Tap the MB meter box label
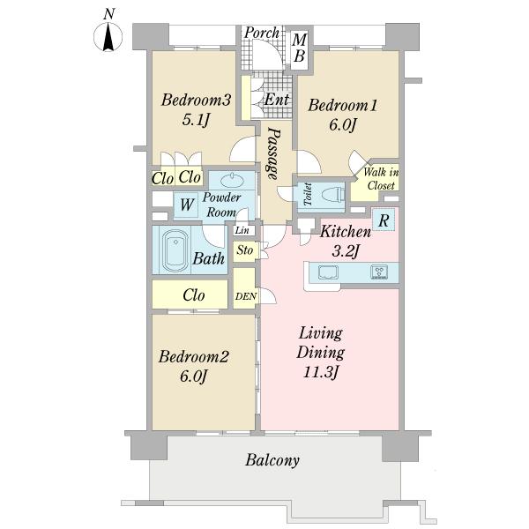click(299, 48)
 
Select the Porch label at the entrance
click(262, 34)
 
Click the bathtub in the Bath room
click(175, 250)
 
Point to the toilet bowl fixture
click(333, 195)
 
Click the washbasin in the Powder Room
click(232, 181)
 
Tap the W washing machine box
click(186, 205)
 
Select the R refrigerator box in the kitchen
click(384, 220)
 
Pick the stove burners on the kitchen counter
click(379, 272)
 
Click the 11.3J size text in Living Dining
click(321, 372)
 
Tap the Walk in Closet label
click(381, 179)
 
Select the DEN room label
click(246, 296)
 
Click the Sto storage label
click(244, 250)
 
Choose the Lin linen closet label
click(242, 230)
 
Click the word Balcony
click(272, 460)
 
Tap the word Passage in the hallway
click(274, 153)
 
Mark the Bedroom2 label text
click(194, 356)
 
